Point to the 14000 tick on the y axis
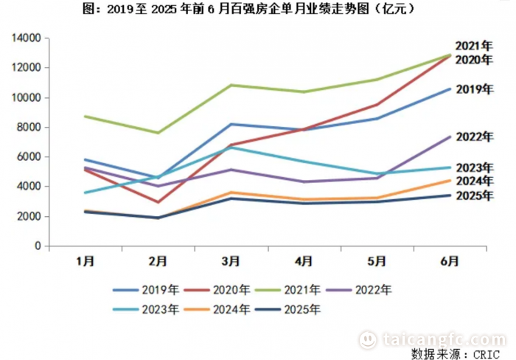26,38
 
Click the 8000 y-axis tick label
29,127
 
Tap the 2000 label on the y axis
29,216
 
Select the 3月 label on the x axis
231,261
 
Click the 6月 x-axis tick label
450,261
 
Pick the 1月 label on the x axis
85,261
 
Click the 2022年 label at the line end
474,136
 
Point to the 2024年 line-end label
474,181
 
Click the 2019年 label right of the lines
474,89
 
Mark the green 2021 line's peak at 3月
231,85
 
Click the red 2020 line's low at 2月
158,202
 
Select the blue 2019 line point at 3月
231,124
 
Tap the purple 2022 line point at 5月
377,178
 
